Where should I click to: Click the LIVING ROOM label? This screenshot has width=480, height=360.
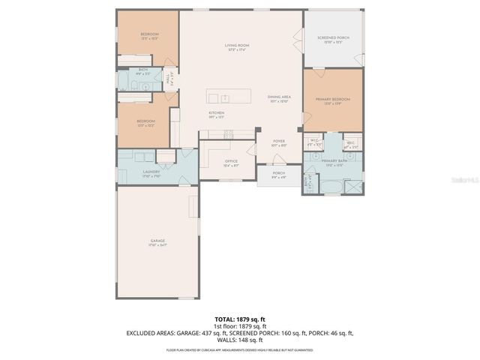click(237, 46)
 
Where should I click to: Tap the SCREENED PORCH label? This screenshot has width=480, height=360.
click(332, 39)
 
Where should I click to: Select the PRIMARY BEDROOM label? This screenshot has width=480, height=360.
click(332, 100)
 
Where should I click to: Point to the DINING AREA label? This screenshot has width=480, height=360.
click(278, 98)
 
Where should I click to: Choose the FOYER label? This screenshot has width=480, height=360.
click(278, 140)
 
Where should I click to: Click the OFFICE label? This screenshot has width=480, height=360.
click(231, 163)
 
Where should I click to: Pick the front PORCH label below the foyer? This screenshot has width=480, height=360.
click(278, 175)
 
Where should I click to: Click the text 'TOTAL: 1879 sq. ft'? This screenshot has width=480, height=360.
click(240, 319)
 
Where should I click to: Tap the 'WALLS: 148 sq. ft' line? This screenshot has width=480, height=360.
click(240, 339)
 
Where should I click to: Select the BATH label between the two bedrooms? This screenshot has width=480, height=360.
click(142, 73)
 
